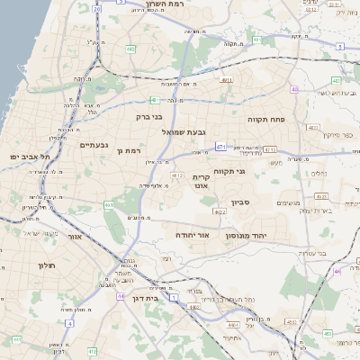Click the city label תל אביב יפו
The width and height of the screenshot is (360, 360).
pos(30,157)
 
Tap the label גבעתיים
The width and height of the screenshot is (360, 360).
pos(94,145)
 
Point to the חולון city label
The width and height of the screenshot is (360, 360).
pos(47,266)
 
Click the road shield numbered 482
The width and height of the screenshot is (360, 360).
pos(132,49)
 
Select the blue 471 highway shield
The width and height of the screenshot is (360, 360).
pos(220,146)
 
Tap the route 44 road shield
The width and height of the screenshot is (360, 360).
pos(121,294)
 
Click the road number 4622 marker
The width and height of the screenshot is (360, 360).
pos(220,212)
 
